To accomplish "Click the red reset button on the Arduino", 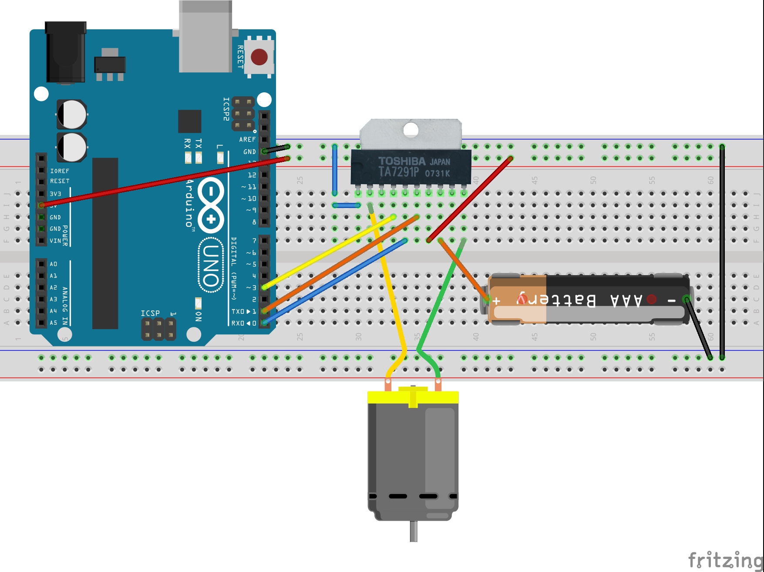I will (x=259, y=57).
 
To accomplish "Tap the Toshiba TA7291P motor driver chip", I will (x=411, y=168).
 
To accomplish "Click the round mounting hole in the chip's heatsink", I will (x=411, y=129).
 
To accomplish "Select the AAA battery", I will (x=588, y=299).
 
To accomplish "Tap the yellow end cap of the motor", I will (x=413, y=397).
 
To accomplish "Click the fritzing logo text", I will (x=725, y=559).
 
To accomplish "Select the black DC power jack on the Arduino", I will (x=66, y=52).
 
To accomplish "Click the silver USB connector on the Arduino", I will (x=205, y=37).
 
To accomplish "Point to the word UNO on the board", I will (x=211, y=266).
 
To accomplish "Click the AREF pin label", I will (x=247, y=139).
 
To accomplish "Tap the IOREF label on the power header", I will (x=60, y=171).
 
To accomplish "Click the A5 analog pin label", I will (x=53, y=323).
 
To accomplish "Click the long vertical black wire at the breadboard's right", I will (x=722, y=252).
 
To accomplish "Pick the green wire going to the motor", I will (x=440, y=296).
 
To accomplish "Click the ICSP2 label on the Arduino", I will (x=226, y=109).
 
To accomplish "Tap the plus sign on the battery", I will (x=496, y=300).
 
